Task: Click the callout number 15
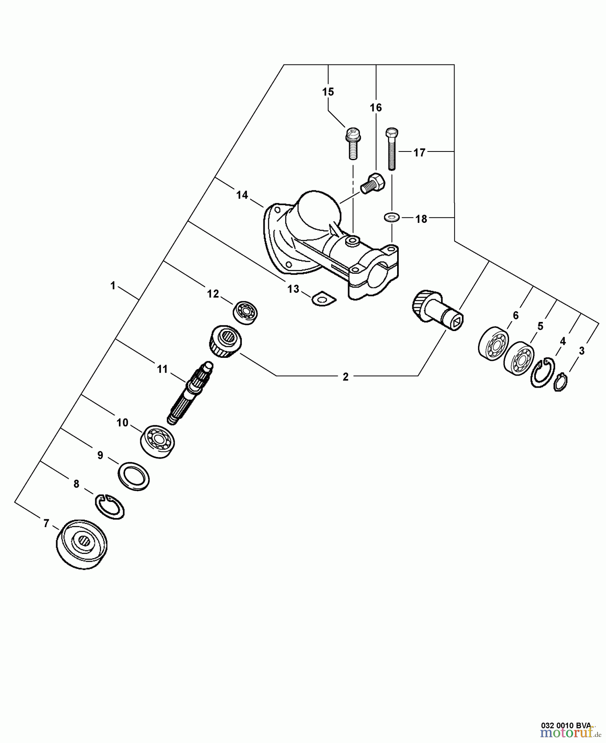[328, 92]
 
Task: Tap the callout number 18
[421, 219]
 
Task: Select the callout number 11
[162, 369]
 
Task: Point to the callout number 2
[346, 376]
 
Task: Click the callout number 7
[46, 523]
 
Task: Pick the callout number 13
[293, 289]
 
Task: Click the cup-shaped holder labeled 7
[81, 544]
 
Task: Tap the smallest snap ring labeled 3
[560, 382]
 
